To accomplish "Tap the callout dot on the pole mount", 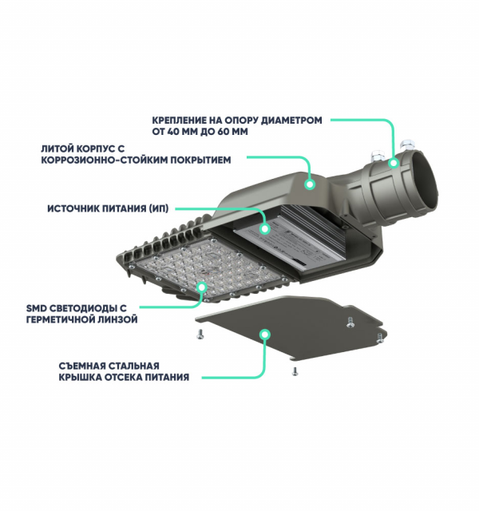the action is tap(394, 163).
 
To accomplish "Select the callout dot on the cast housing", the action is tap(310, 184).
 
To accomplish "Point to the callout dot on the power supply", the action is tap(265, 229).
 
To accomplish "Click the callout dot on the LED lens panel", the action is tap(202, 287).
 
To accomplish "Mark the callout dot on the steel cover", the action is tap(265, 335).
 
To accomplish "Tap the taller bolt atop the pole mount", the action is tap(407, 145).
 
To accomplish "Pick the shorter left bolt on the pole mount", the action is tap(377, 155).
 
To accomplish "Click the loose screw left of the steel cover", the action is tap(200, 334).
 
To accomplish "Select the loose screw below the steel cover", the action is tap(295, 371).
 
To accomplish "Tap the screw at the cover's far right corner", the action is tap(380, 338).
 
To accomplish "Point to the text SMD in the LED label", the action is tap(36, 308).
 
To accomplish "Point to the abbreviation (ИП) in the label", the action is tap(159, 208).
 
